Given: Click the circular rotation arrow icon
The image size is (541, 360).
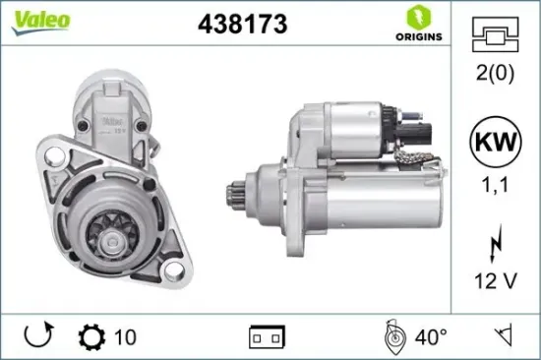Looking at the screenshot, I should point(37,336).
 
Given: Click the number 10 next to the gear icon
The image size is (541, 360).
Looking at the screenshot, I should point(124,336).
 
